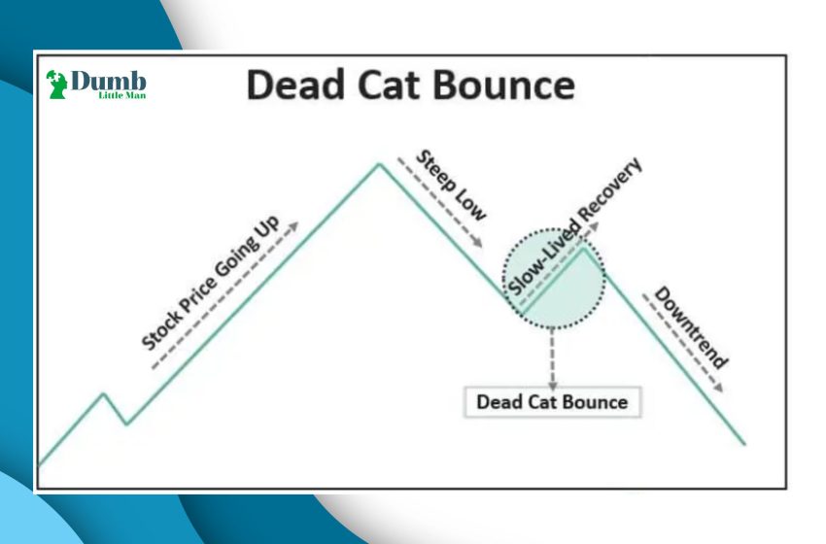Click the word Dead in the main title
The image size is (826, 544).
coord(295,85)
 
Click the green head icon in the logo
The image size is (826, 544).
coord(56,85)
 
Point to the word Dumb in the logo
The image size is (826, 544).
coord(108,81)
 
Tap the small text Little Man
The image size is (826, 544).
coord(122,95)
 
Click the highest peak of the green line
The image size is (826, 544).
coord(379,165)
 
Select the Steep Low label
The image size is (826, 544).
coord(451,186)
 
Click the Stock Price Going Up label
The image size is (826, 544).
coord(211,283)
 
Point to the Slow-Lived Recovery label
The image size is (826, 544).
coord(574,227)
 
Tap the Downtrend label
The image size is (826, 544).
coord(691,327)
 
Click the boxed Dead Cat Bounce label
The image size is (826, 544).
coord(552,402)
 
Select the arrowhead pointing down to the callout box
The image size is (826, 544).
coord(552,386)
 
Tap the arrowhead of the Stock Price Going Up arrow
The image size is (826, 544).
coord(293,227)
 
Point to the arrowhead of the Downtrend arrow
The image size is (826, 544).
coord(718,388)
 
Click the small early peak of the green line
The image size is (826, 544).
coord(104,393)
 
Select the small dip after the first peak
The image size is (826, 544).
coord(126,424)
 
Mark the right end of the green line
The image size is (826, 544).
coord(744,444)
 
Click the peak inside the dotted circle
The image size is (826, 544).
coord(584,248)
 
